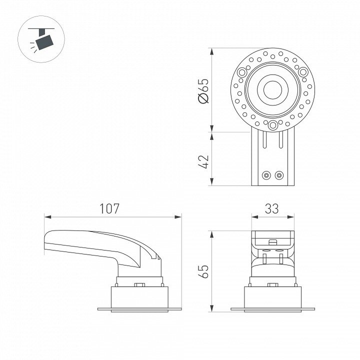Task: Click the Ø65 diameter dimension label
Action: [204, 91]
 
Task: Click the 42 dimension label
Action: [203, 162]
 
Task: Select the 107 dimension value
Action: [109, 208]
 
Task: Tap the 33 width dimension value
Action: [272, 208]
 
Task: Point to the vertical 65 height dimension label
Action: [203, 271]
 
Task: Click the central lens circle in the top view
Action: [272, 90]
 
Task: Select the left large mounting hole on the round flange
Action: [242, 72]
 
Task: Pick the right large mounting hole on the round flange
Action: [303, 72]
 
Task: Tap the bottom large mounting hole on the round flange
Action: [273, 125]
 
